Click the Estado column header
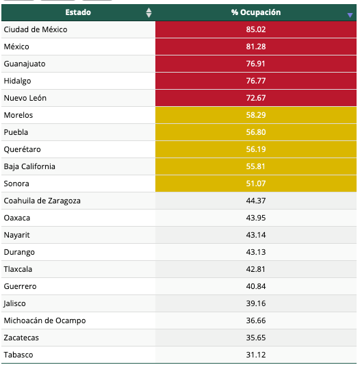click(x=78, y=12)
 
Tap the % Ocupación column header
click(x=256, y=12)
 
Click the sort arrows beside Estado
click(x=149, y=13)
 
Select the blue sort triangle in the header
click(x=350, y=15)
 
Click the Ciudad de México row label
click(x=36, y=29)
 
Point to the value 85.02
click(x=256, y=29)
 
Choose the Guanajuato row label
click(x=25, y=64)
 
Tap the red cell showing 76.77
click(x=256, y=81)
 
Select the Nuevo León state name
click(x=25, y=98)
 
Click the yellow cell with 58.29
click(x=256, y=115)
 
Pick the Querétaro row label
click(x=22, y=149)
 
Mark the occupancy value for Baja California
click(x=256, y=166)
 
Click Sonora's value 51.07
click(x=256, y=184)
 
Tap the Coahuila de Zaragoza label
click(x=42, y=201)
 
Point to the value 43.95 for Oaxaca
click(x=256, y=218)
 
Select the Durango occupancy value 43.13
click(x=256, y=252)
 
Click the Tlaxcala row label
click(x=18, y=269)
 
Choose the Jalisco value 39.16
click(x=256, y=303)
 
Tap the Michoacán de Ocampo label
click(x=44, y=320)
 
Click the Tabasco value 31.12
click(x=256, y=355)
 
